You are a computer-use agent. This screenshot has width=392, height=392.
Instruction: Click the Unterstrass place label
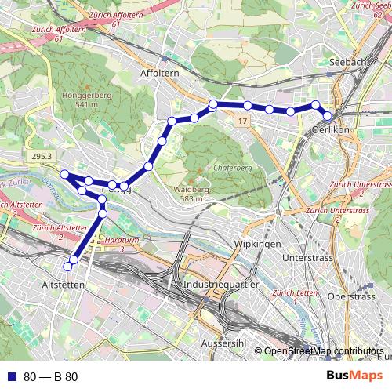click(x=303, y=257)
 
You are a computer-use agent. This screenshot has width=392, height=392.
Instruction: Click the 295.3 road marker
click(x=42, y=157)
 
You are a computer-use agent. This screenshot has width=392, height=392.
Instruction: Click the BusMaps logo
click(x=357, y=376)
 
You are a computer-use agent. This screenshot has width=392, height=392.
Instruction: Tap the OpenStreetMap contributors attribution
click(x=323, y=351)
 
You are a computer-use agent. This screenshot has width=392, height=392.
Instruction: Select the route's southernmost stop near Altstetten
click(x=74, y=260)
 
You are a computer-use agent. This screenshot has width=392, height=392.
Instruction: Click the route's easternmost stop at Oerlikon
click(x=328, y=117)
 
